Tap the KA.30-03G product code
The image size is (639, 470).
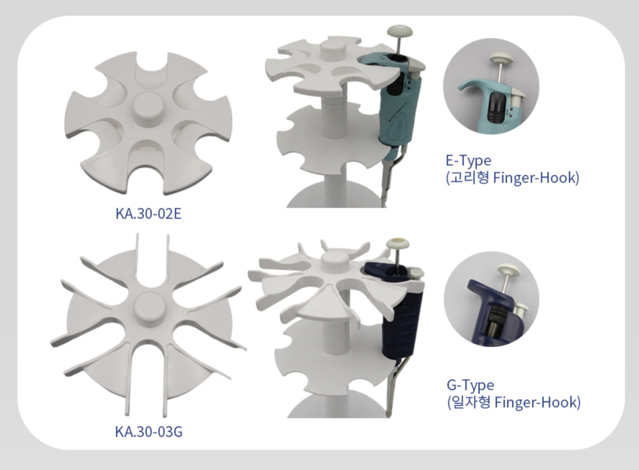[x=149, y=432]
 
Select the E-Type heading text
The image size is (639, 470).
[x=468, y=161]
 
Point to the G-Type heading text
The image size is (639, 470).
[x=470, y=385]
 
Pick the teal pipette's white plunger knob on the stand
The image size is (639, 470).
[x=400, y=31]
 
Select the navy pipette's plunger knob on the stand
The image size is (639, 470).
[x=398, y=245]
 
